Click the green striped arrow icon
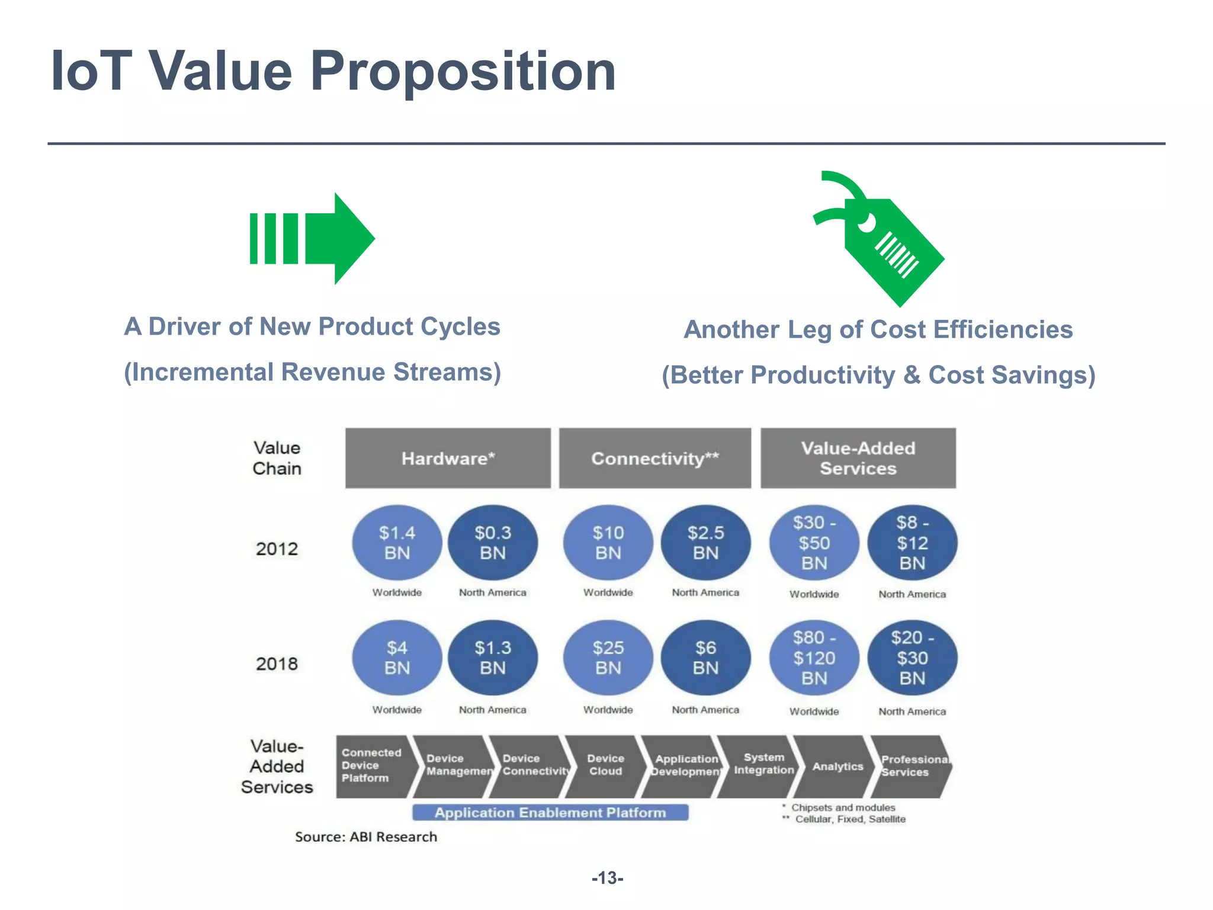313,238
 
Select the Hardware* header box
448,459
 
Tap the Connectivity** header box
655,459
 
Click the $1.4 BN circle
397,543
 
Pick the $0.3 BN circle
493,543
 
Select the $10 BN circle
608,543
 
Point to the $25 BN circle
608,658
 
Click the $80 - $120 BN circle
814,658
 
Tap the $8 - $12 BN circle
912,543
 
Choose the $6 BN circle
705,658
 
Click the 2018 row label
277,664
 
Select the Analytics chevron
837,767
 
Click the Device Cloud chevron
605,765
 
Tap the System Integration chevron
763,764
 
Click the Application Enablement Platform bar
550,813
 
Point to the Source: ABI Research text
366,837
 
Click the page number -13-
607,878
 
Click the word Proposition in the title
463,71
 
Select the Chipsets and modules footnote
842,808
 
